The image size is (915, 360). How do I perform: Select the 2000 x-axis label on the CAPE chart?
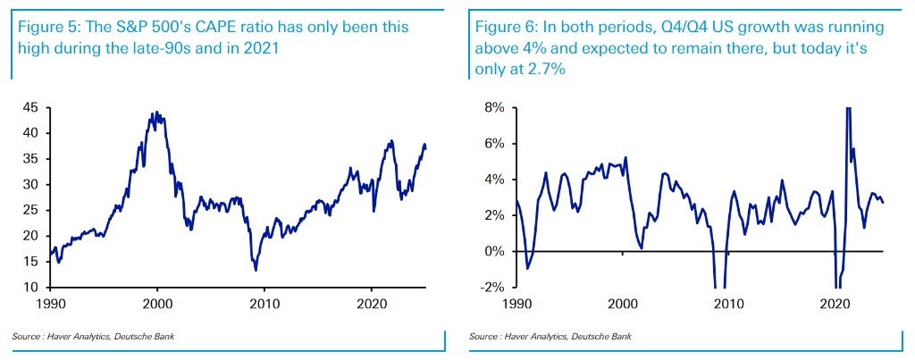[158, 304]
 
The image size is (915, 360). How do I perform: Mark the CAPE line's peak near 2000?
[156, 113]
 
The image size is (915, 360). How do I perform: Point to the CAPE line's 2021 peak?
[390, 140]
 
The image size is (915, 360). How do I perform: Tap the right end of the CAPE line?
[426, 148]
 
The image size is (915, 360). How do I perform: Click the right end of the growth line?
[884, 203]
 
